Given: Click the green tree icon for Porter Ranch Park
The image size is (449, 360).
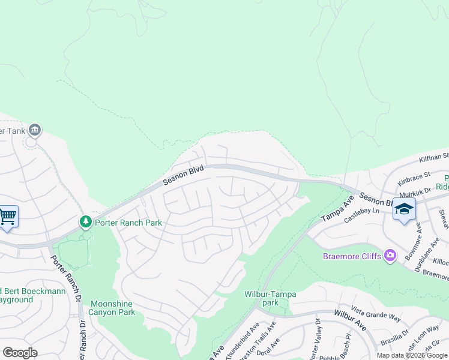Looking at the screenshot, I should (86, 222).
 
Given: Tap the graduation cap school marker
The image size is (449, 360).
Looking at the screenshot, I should (404, 209).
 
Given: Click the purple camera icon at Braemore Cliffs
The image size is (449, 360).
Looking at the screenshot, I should (391, 256).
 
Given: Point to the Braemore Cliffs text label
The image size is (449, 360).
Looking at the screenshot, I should (352, 256).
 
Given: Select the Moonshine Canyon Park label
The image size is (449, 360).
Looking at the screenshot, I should (113, 308).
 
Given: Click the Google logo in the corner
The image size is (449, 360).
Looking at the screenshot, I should (20, 353).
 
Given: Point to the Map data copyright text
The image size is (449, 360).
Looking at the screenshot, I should (412, 355).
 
